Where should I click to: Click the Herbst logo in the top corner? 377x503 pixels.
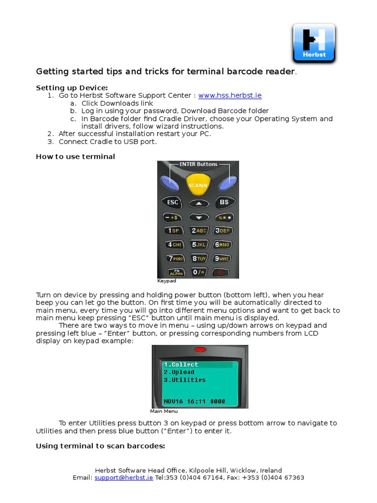click(314, 43)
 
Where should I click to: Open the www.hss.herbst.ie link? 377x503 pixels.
click(226, 96)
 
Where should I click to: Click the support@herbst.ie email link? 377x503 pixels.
click(124, 477)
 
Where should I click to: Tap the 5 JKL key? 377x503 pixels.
click(198, 244)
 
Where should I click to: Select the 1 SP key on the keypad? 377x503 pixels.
click(174, 230)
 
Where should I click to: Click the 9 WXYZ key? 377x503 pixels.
click(222, 258)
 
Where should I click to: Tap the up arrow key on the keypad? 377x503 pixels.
click(198, 202)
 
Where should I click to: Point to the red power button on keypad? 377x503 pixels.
click(222, 272)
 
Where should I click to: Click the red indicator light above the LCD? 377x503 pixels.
click(200, 350)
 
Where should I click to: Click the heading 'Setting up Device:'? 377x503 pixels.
click(72, 87)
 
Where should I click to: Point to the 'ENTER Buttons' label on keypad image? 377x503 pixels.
click(198, 164)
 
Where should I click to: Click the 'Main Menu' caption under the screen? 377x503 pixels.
click(164, 411)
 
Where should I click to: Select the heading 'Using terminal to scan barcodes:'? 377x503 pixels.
click(100, 446)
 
